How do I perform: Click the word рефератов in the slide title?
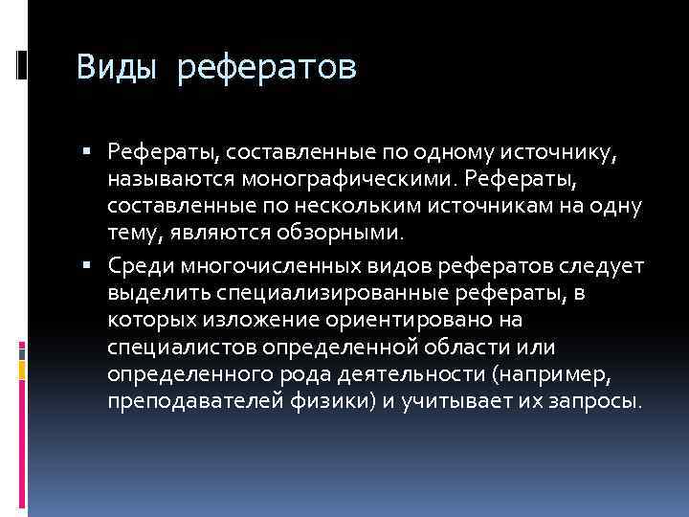pyautogui.click(x=267, y=70)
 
